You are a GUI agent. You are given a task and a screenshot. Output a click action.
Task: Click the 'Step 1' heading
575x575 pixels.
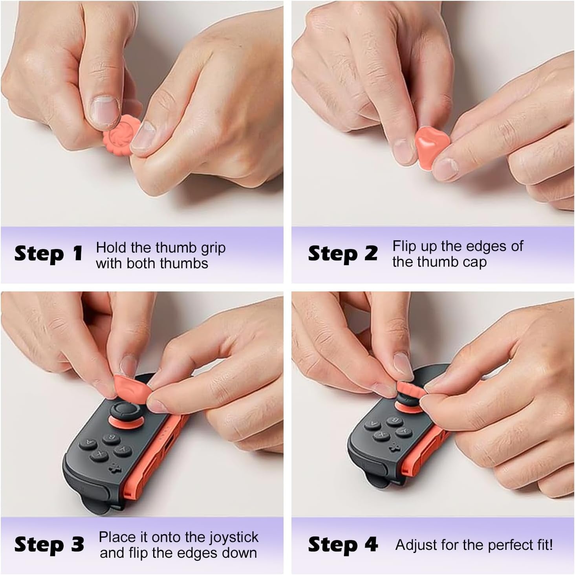tap(48, 254)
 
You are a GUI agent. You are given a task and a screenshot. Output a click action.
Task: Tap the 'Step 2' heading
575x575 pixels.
tap(342, 254)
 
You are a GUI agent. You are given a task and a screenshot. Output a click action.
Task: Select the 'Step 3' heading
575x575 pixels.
tap(49, 545)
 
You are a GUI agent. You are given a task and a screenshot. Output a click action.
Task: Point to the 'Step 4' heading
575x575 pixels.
tap(342, 545)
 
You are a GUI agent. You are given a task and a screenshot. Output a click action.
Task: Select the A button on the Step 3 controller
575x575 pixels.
tap(88, 443)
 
